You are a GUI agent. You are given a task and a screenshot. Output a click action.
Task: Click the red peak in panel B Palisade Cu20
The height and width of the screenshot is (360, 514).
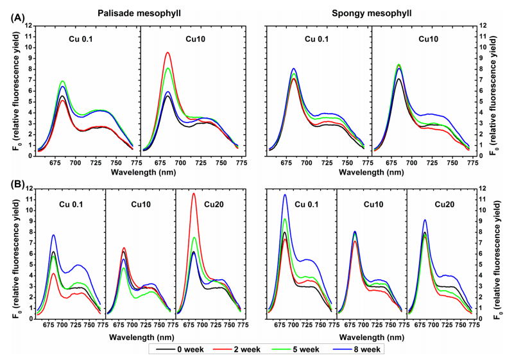coord(193,193)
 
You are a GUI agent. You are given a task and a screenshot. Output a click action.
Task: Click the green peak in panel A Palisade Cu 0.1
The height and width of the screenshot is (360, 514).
coord(63,81)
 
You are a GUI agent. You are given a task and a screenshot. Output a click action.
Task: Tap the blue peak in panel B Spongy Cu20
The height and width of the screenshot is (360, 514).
coord(425,220)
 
